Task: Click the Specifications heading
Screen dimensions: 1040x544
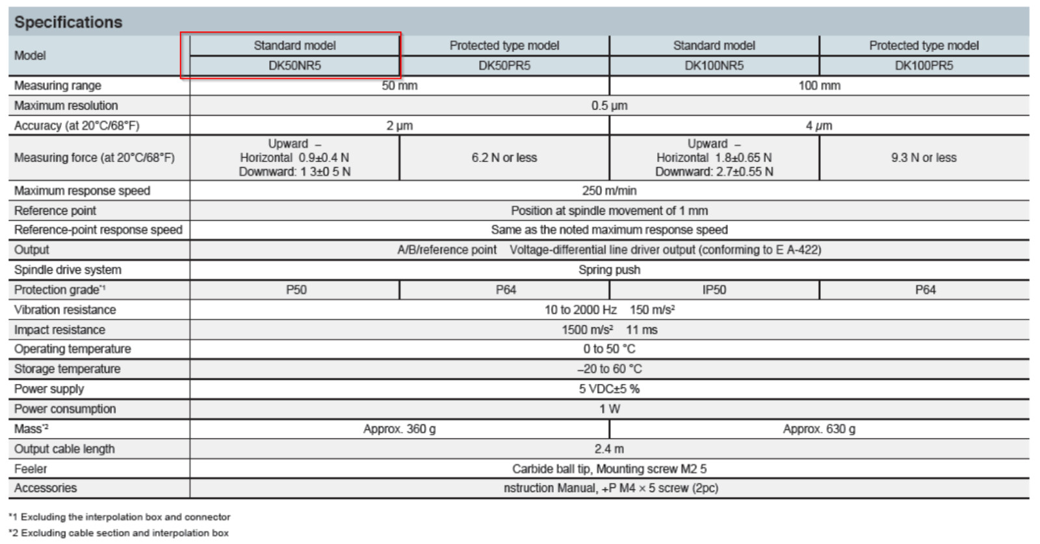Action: point(68,22)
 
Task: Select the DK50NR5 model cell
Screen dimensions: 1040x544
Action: point(295,66)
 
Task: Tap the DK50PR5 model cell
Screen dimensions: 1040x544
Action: point(504,66)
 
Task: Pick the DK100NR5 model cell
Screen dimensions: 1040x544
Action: point(714,66)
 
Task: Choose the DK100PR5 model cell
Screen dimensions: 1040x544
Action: point(924,66)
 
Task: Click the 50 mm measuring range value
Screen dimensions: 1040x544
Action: point(399,85)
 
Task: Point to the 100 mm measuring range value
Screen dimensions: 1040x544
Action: point(819,85)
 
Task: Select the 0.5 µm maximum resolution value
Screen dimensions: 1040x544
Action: point(609,105)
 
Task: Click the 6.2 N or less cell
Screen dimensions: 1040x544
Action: point(504,157)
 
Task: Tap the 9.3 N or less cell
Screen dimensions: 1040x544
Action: point(924,157)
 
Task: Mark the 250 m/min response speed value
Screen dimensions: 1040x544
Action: point(609,191)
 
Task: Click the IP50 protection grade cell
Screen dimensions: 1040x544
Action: point(714,290)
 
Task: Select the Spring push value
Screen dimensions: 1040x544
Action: point(609,269)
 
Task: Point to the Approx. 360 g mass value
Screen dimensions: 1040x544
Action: point(399,429)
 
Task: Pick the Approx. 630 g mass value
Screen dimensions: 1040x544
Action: point(819,429)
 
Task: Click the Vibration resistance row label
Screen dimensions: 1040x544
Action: point(65,310)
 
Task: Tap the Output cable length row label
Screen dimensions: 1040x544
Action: point(64,449)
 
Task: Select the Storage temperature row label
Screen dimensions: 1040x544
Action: point(68,369)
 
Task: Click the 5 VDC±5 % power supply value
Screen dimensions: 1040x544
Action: point(609,388)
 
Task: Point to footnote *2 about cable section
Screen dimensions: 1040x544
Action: point(119,533)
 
